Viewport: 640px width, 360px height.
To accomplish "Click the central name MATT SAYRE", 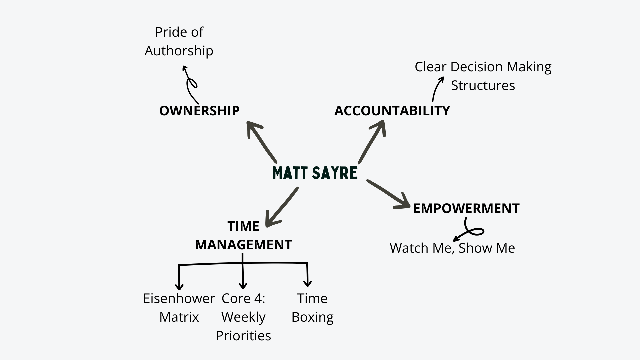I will point(315,173).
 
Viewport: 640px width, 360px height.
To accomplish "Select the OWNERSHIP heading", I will point(199,111).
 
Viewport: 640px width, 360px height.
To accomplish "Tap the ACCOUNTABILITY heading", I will point(392,111).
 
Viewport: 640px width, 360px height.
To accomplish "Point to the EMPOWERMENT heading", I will point(466,208).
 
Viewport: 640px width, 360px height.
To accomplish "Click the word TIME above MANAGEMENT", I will point(243,226).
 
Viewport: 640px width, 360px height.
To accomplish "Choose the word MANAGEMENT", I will point(243,245).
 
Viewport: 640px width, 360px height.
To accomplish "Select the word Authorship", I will point(179,51).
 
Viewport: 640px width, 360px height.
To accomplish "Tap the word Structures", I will point(483,85).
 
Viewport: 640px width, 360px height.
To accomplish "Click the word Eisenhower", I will point(179,298).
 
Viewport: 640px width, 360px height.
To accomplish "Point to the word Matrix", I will point(179,317).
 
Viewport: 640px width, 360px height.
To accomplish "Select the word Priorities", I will point(243,336).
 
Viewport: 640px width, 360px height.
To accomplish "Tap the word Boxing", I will point(312,317).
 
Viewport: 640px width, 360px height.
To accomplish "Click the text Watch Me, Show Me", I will point(452,248).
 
